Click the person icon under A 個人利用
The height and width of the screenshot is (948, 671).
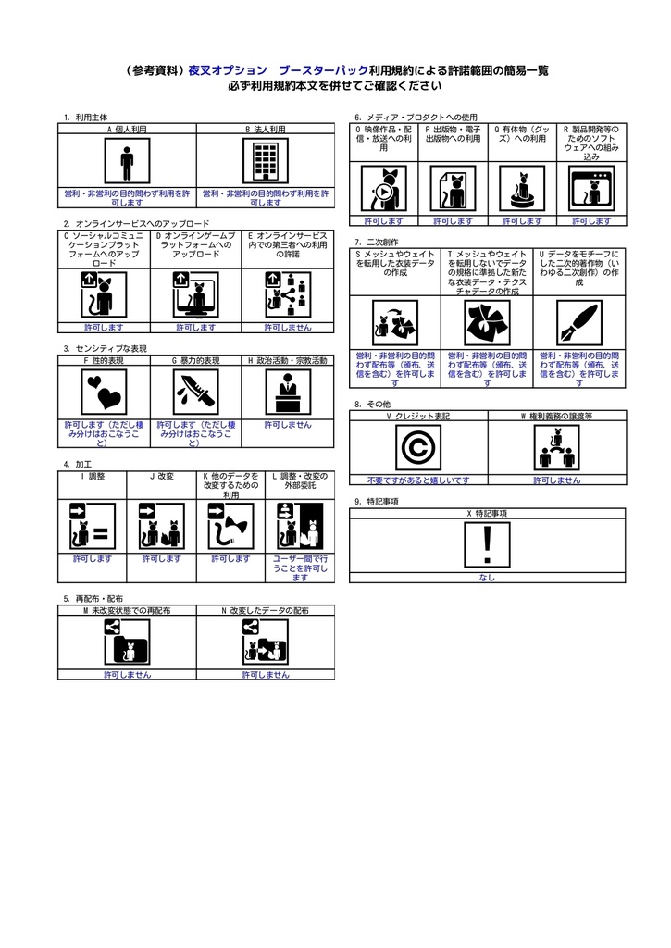click(127, 160)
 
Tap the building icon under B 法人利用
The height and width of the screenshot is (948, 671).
click(266, 160)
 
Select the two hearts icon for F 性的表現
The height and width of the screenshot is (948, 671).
click(104, 392)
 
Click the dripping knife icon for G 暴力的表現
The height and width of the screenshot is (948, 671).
click(196, 392)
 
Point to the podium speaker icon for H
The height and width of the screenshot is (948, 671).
click(289, 392)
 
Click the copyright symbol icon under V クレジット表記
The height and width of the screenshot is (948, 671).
click(418, 447)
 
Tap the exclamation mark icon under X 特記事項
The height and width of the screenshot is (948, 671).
click(487, 544)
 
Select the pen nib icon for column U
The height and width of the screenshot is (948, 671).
click(579, 323)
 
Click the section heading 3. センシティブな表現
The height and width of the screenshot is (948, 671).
click(106, 349)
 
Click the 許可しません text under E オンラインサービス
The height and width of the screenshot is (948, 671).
click(288, 328)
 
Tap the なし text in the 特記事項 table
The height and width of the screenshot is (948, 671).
click(487, 578)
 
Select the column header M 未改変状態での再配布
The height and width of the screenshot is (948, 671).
click(127, 611)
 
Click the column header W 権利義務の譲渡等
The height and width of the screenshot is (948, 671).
click(557, 417)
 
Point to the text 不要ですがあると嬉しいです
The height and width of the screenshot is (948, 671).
click(418, 480)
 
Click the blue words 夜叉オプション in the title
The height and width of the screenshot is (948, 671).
click(228, 70)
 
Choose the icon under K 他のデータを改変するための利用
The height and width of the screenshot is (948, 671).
click(230, 527)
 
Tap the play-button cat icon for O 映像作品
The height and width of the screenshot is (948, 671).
click(384, 189)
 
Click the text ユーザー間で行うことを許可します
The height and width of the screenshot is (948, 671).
click(300, 568)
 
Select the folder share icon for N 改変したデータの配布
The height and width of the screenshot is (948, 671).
click(266, 642)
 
